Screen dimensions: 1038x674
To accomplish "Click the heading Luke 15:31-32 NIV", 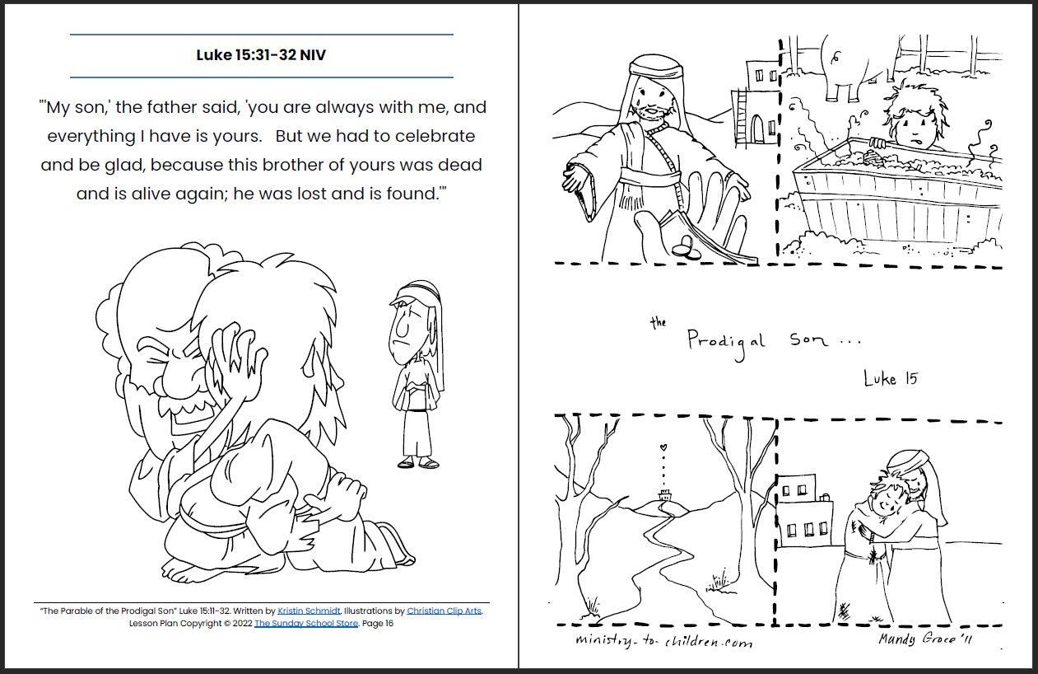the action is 261,54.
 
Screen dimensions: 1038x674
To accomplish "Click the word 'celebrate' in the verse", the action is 435,136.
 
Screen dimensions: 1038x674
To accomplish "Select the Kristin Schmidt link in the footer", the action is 309,611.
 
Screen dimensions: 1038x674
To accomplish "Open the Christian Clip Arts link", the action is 444,611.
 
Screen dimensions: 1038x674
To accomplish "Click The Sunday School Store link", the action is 306,624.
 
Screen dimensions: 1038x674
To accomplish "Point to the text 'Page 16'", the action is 378,624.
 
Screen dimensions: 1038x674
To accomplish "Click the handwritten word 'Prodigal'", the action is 725,342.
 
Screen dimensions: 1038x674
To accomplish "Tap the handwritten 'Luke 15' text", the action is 890,378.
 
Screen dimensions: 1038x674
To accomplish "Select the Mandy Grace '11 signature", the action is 925,639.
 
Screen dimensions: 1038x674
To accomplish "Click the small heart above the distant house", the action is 663,447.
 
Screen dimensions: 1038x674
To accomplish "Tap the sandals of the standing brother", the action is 418,462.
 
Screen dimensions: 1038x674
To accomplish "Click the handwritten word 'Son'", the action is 808,340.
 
